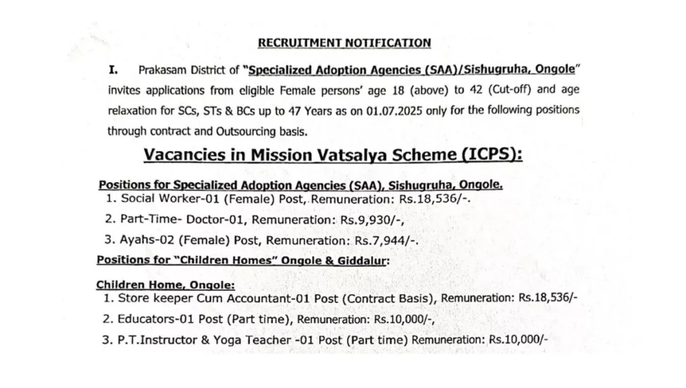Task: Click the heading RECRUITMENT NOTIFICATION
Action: [x=344, y=43]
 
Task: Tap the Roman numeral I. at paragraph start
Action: [x=114, y=70]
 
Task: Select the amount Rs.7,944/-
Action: [x=392, y=239]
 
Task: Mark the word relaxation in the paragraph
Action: [x=134, y=109]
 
